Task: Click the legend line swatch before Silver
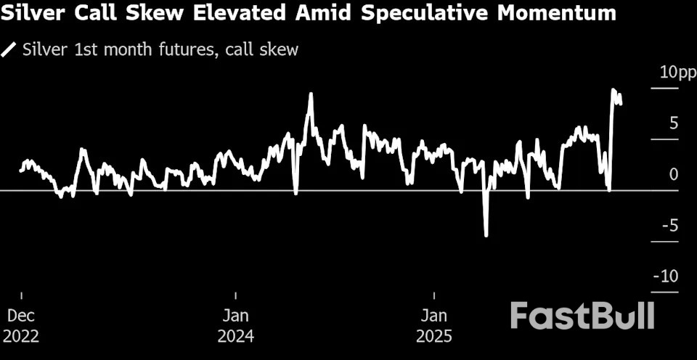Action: (10, 50)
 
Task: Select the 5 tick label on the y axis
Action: (674, 123)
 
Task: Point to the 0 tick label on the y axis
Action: (674, 174)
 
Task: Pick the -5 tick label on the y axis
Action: (670, 226)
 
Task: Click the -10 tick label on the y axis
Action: (667, 277)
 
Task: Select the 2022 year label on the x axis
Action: (21, 337)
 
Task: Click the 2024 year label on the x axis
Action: (236, 337)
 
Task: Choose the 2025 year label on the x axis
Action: (434, 337)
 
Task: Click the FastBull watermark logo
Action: (582, 316)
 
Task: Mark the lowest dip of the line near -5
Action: (486, 235)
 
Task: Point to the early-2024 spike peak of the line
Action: (311, 94)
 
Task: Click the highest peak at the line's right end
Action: (613, 90)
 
